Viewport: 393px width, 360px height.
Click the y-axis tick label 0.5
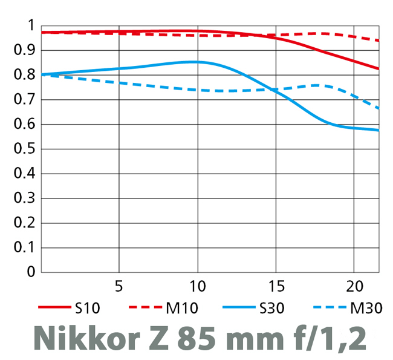[x=23, y=149]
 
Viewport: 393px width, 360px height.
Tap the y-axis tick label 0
[x=30, y=272]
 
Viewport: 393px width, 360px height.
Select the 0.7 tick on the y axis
[x=23, y=99]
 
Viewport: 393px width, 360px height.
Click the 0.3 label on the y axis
[x=23, y=198]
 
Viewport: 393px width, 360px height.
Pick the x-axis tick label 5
[x=119, y=285]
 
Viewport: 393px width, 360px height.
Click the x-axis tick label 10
[x=197, y=285]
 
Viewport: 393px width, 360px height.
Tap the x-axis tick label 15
[x=275, y=285]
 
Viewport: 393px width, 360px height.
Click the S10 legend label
[x=88, y=308]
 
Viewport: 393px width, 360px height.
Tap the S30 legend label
[x=271, y=308]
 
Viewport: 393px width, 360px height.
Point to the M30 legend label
[x=366, y=308]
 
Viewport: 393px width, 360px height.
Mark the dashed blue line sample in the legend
[x=331, y=307]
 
